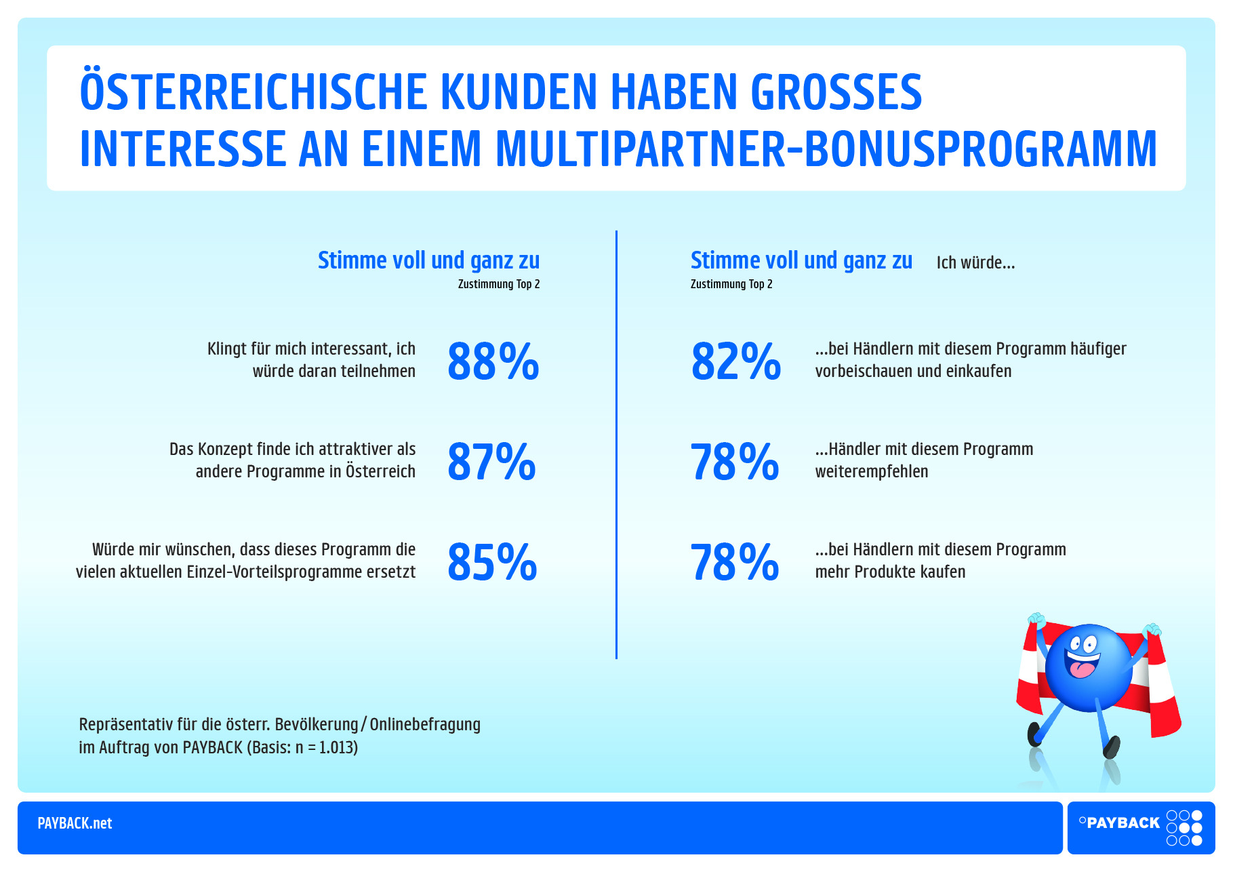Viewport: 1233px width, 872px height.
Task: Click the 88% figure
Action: point(493,361)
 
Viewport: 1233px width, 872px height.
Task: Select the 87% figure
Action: point(491,462)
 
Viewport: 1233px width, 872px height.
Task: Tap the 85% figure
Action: point(492,562)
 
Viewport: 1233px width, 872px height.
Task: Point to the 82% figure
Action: point(735,361)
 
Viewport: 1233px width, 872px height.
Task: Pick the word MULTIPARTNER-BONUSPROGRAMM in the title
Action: point(826,149)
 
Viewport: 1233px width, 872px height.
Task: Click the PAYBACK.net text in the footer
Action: point(75,823)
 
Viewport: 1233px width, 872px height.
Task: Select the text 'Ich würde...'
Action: point(975,263)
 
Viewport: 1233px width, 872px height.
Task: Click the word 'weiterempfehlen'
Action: point(871,472)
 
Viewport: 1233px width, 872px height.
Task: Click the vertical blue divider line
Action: point(616,444)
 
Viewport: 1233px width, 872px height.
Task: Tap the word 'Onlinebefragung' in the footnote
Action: point(425,724)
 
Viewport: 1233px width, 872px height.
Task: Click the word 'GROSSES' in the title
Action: point(836,92)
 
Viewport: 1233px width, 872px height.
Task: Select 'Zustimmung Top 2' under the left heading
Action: point(499,284)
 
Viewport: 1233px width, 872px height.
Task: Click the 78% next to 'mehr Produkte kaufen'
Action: point(735,562)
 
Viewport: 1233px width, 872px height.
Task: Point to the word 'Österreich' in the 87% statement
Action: point(380,472)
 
